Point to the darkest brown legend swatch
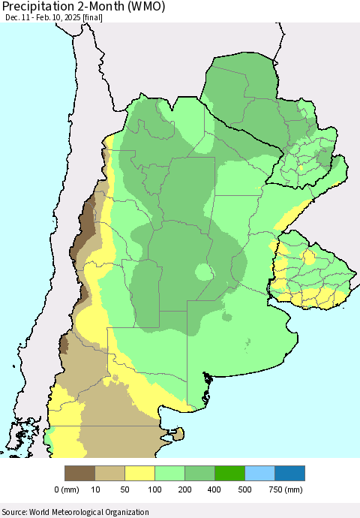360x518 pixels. (x=79, y=473)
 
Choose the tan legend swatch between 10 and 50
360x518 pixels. (x=109, y=473)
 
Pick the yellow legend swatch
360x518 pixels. (x=139, y=473)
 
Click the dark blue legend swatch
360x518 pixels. (x=289, y=473)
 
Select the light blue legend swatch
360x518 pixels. (x=259, y=473)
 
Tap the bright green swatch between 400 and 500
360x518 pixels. (x=229, y=473)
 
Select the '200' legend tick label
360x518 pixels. (x=184, y=489)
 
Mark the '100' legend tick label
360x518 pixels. (x=154, y=489)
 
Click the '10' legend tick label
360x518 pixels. (x=94, y=489)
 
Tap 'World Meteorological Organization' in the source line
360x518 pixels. (x=89, y=511)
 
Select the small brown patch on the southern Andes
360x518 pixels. (x=64, y=345)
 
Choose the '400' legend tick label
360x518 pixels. (x=214, y=489)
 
